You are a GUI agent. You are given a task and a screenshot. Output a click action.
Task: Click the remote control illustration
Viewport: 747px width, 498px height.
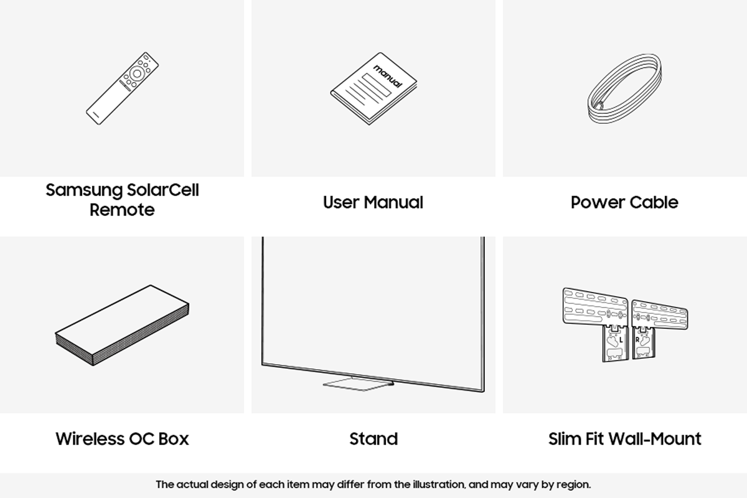pos(122,88)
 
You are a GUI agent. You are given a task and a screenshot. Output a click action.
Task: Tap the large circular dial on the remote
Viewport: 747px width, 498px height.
pos(137,73)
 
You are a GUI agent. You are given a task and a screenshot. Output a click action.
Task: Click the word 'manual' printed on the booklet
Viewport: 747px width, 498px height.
pos(387,77)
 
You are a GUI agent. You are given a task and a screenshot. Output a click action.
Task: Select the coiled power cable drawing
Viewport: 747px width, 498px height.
pos(624,88)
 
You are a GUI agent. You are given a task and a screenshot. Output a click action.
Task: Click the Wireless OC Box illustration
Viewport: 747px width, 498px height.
pos(122,325)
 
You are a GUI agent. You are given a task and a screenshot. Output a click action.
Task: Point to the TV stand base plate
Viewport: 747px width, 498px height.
pos(359,383)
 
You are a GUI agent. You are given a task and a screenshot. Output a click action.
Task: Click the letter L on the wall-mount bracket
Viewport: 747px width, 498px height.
pos(621,340)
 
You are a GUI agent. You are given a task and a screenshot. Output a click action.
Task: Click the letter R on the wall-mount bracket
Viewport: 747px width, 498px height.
pos(637,340)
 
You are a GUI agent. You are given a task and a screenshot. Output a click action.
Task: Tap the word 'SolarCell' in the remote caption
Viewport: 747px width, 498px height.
pos(162,190)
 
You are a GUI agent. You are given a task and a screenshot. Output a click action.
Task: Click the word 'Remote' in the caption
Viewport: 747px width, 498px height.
pos(122,210)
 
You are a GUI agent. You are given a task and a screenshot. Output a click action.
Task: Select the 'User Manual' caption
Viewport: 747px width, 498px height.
pos(373,202)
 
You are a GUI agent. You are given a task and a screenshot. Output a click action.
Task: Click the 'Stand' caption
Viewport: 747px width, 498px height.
pos(374,439)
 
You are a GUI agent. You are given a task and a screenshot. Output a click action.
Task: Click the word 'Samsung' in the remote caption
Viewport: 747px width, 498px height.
pos(85,190)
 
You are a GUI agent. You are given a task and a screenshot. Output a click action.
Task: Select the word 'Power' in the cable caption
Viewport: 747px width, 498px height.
pos(598,202)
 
